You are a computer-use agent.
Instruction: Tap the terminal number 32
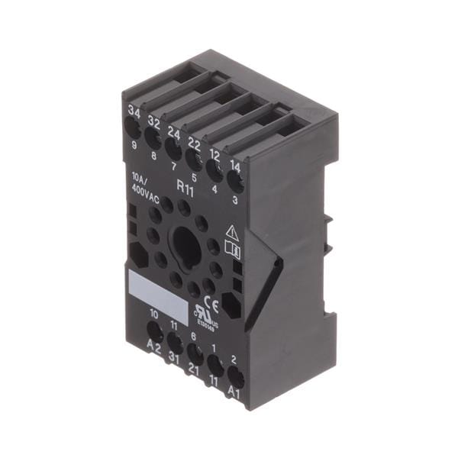click(154, 122)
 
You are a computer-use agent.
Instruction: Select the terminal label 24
click(175, 132)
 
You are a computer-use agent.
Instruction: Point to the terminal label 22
click(194, 142)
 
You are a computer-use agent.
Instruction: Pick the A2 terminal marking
click(153, 353)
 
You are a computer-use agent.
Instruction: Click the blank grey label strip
click(156, 292)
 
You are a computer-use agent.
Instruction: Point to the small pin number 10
click(154, 314)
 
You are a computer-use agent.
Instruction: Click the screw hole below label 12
click(214, 170)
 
